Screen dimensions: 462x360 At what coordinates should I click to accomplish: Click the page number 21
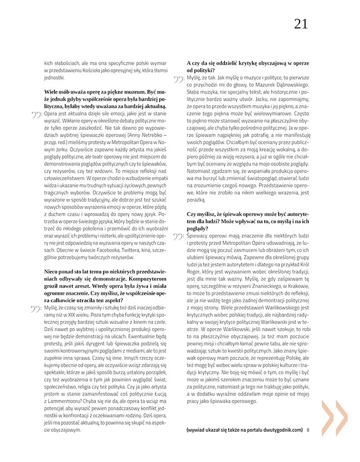click(301, 24)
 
